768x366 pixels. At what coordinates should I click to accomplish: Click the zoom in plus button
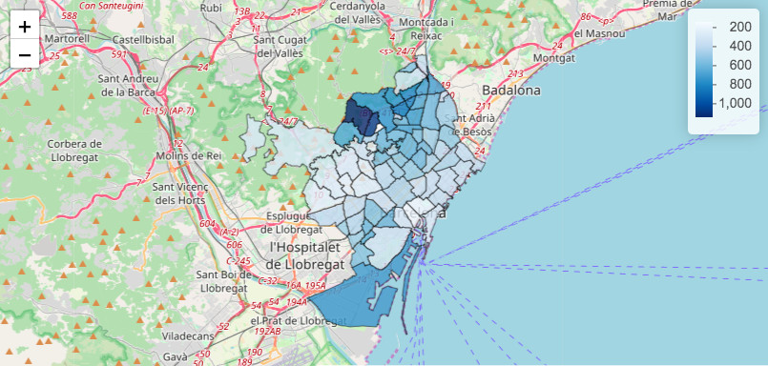[x=24, y=26]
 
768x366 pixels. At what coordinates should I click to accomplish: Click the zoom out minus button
[x=24, y=54]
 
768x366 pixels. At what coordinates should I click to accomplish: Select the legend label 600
[x=740, y=65]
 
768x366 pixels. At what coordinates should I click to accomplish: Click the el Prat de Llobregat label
[x=294, y=321]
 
